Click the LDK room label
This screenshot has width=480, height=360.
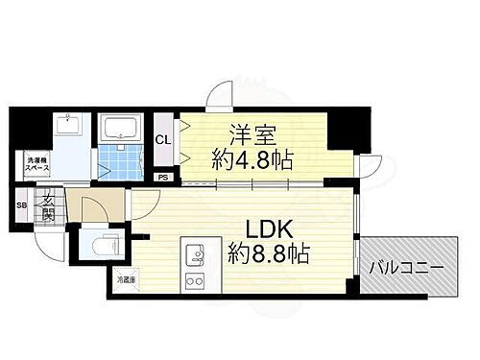252,229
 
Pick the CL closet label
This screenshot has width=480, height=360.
164,140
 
